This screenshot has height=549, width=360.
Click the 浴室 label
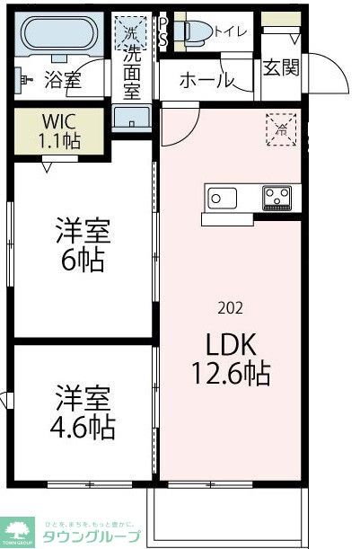pos(62,81)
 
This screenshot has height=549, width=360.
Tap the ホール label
pos(206,81)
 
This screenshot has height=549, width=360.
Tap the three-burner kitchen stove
pos(277,197)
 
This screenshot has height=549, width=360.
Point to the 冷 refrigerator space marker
pos(280,128)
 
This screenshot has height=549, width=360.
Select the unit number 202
pos(229,308)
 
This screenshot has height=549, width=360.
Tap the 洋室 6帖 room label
pos(83,245)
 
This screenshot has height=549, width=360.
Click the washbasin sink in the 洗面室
pos(131,120)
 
